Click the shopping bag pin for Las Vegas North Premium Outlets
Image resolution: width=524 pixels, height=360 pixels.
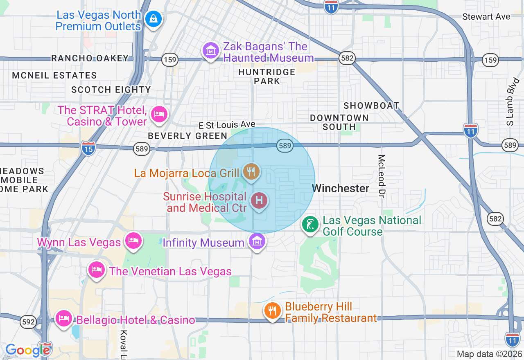pos(154,19)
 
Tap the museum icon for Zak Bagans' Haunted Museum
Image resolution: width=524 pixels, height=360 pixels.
pos(211,51)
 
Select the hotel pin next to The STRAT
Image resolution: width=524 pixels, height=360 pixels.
pos(159,114)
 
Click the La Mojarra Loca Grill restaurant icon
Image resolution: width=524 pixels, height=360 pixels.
pos(251,171)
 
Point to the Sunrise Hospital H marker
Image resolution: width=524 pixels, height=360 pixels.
pos(259,201)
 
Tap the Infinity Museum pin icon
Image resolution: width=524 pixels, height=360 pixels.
pos(257,241)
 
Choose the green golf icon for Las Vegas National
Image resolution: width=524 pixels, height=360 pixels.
pos(310,225)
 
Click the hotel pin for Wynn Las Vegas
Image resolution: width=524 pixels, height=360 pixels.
pos(133,240)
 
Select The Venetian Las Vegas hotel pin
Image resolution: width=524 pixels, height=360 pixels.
pos(96,270)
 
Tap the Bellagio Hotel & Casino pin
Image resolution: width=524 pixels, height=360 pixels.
pos(64,318)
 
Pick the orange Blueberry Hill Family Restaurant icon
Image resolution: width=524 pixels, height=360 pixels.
pos(272,310)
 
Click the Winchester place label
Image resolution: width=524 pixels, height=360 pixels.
pos(341,188)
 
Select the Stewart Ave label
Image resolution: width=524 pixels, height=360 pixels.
pos(486,17)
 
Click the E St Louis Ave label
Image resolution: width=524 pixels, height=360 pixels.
pos(227,124)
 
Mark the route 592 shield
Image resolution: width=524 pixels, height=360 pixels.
pos(29,322)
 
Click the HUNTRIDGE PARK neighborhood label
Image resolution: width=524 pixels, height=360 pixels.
pos(267,76)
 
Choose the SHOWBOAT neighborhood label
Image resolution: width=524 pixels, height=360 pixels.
pos(371,106)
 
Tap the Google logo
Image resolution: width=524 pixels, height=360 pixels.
pos(27,350)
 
